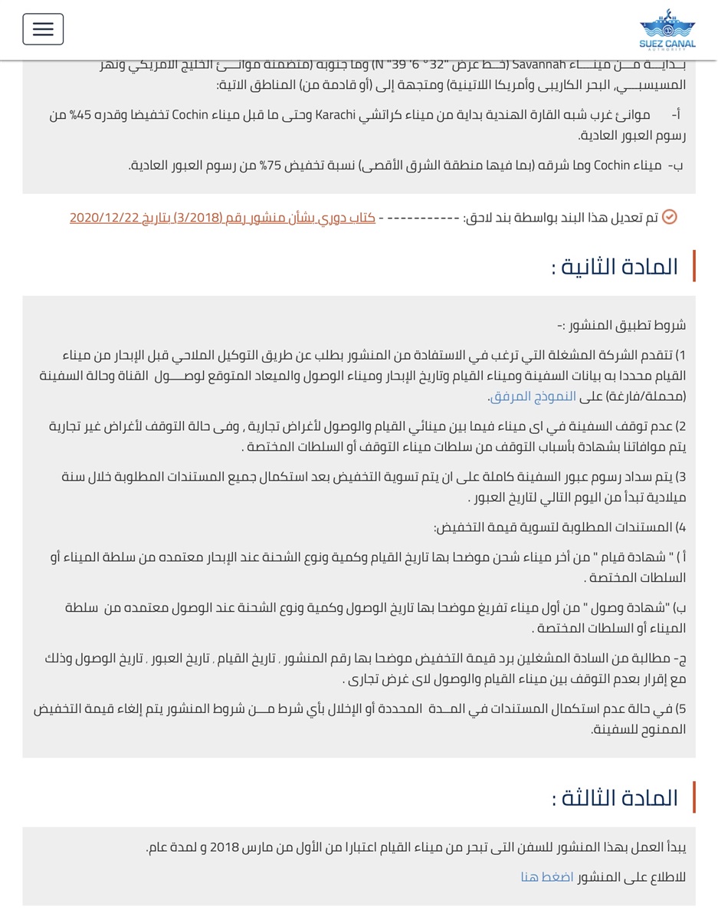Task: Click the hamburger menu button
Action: click(43, 29)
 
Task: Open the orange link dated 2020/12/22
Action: click(223, 218)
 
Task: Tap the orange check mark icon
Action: click(669, 218)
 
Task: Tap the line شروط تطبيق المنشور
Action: click(622, 325)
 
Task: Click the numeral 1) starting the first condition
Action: click(680, 356)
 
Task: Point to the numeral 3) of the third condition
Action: click(680, 477)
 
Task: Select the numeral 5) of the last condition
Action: click(680, 709)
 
